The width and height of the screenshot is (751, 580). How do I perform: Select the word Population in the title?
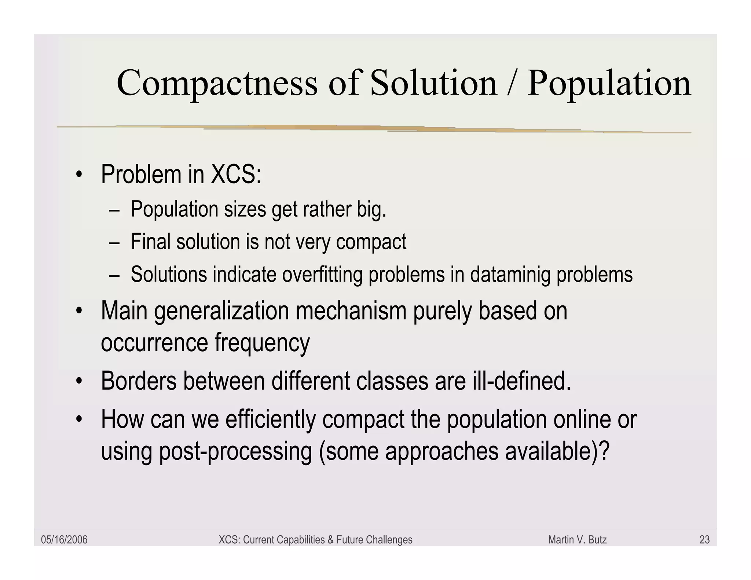click(609, 84)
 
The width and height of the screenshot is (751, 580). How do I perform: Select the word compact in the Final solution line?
click(371, 242)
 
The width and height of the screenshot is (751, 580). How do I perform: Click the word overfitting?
click(322, 275)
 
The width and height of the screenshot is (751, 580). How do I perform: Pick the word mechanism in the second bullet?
click(351, 311)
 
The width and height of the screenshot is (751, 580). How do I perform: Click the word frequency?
click(262, 343)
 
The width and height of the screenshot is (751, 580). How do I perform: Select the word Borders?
click(139, 381)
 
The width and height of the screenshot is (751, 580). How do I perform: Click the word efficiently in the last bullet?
click(270, 419)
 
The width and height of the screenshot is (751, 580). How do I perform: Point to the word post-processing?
click(235, 451)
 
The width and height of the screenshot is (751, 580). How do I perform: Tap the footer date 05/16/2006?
click(64, 540)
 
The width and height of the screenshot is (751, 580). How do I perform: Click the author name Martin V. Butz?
click(577, 540)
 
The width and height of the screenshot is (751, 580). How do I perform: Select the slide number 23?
click(704, 540)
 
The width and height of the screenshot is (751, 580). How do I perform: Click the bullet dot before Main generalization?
click(78, 311)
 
